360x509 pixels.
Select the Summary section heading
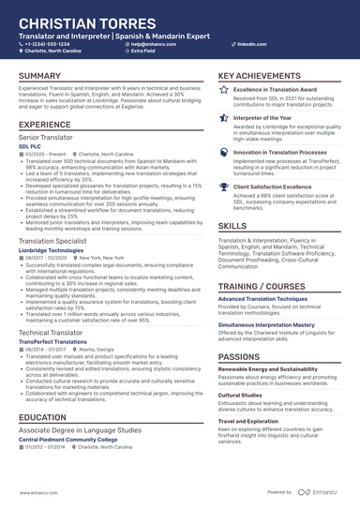coord(40,76)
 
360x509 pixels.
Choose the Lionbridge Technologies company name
coord(52,250)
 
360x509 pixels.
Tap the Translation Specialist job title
coord(52,241)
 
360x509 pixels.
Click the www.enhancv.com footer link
coord(37,492)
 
